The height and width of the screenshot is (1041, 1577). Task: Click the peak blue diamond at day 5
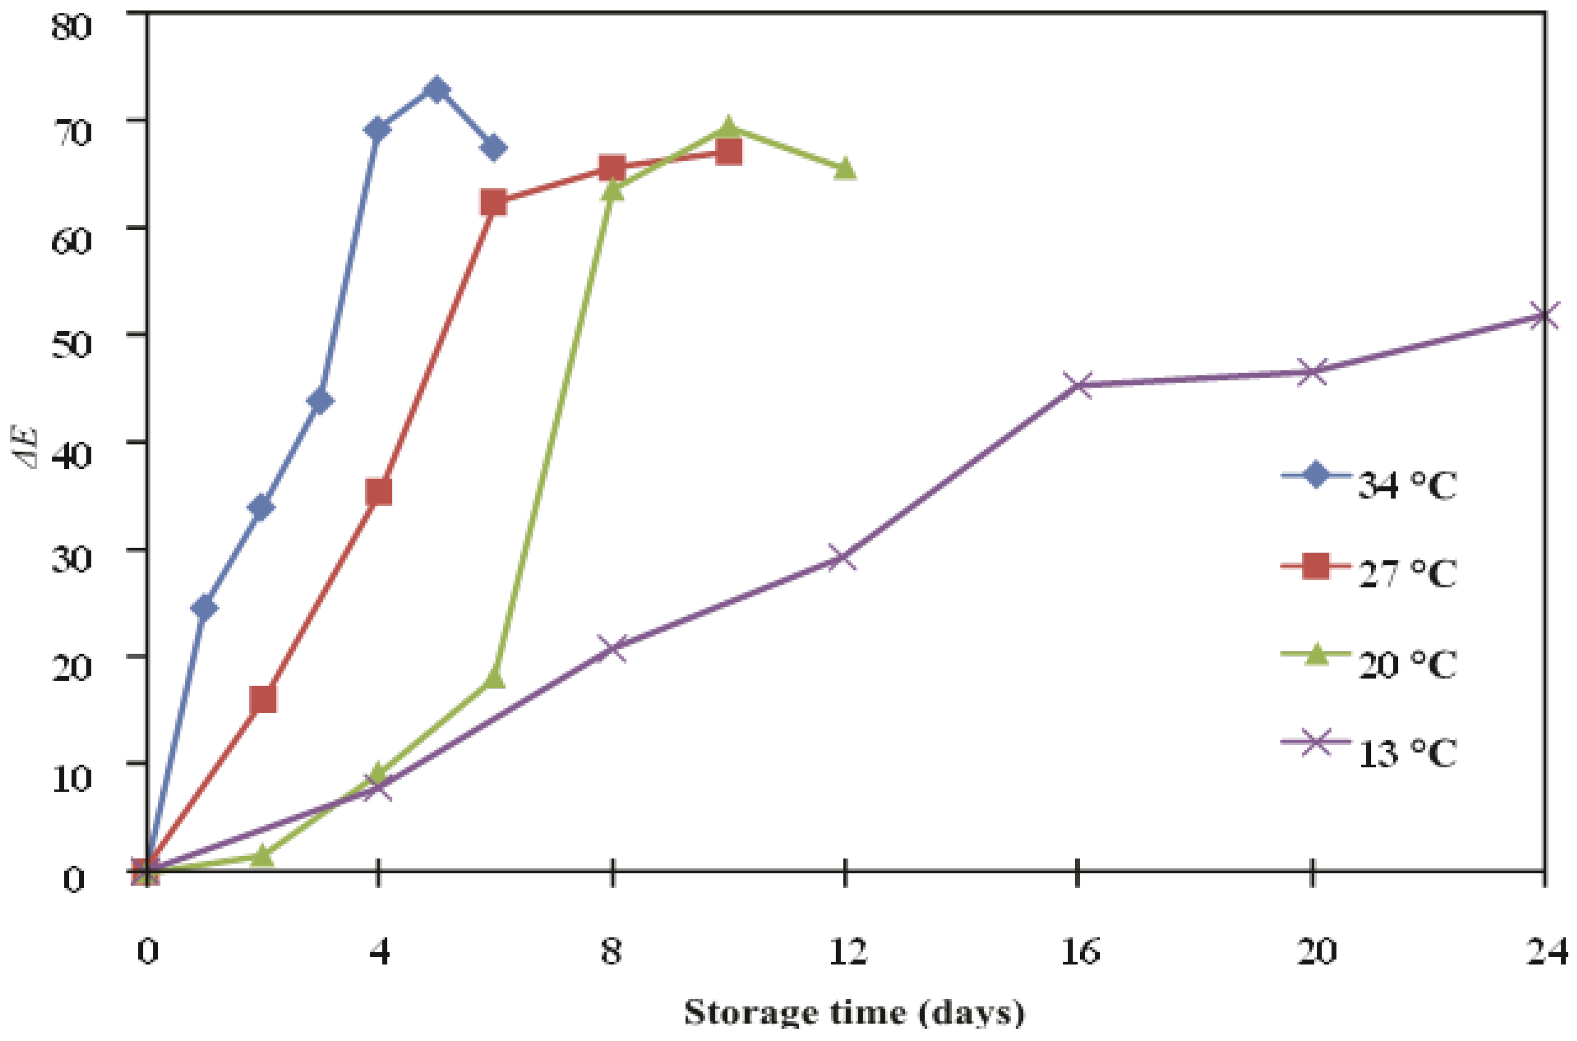pos(436,90)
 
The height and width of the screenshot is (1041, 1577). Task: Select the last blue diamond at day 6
pos(493,148)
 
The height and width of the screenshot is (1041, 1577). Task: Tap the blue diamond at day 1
pos(204,607)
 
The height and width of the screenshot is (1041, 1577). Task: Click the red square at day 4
pos(379,492)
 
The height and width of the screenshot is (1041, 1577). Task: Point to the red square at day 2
pos(263,699)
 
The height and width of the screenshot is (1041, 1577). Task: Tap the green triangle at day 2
pos(263,856)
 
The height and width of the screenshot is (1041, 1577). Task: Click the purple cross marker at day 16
pos(1078,385)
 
